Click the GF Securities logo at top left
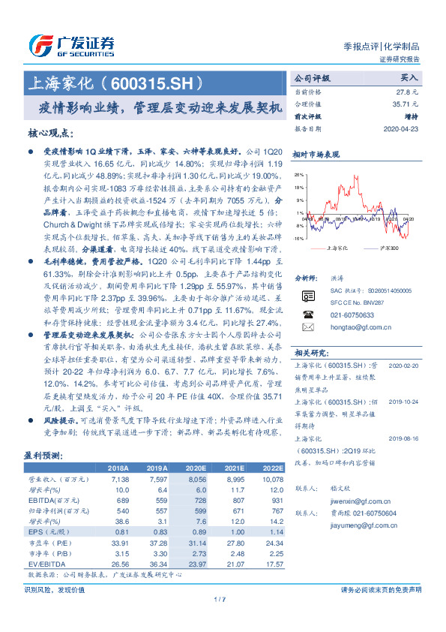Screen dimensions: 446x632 (x=71, y=46)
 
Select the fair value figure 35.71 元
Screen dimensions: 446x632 (x=403, y=104)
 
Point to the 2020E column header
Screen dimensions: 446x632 (x=195, y=467)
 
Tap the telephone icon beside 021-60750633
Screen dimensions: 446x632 (x=307, y=314)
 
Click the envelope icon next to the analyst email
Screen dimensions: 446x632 (x=307, y=328)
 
